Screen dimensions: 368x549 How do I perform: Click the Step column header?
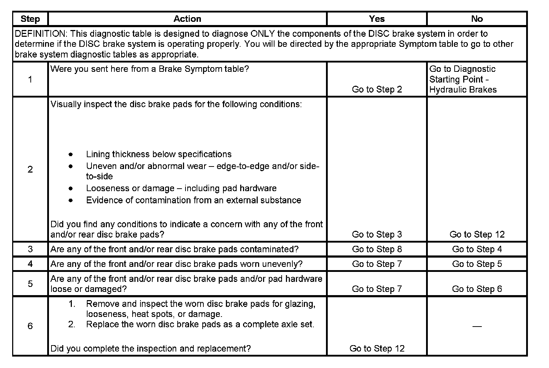(30, 19)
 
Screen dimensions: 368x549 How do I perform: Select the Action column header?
(187, 19)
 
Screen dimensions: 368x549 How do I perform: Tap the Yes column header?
(377, 19)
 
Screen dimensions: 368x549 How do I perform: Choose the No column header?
(477, 19)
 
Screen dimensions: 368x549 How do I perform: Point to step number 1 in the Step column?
(30, 79)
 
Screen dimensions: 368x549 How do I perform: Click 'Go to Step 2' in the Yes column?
(377, 89)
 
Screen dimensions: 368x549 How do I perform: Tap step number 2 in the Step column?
(30, 169)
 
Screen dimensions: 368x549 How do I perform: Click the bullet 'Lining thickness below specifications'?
(159, 154)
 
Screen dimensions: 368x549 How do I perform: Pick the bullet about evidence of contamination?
(193, 200)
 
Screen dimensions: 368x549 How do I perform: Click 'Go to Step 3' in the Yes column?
(377, 234)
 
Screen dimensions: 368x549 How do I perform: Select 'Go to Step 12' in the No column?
(477, 234)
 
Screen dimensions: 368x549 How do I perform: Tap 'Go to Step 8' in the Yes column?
(377, 249)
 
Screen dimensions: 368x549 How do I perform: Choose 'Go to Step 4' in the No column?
(477, 249)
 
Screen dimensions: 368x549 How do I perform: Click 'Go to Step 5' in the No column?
(477, 264)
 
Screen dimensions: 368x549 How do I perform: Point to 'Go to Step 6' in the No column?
(477, 289)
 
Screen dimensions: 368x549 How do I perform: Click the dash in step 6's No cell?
(477, 326)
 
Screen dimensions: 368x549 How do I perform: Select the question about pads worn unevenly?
(177, 264)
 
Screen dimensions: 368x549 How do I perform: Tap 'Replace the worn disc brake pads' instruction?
(200, 324)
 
